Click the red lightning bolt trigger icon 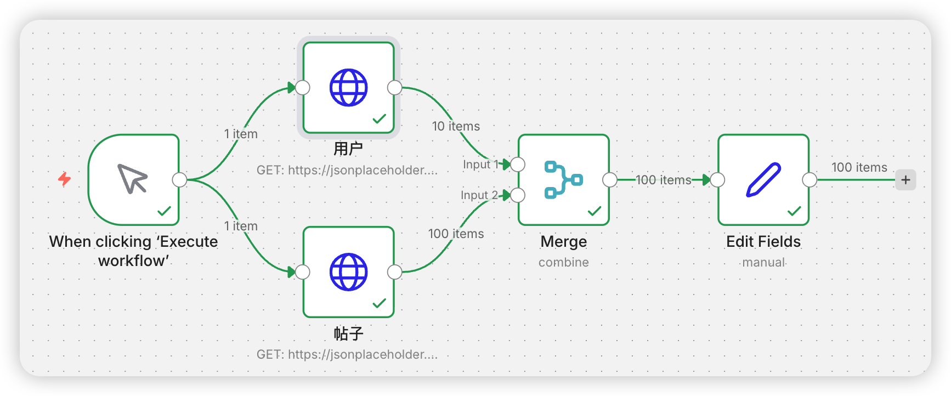[x=65, y=179]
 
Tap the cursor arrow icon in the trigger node [x=133, y=179]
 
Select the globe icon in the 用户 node [x=348, y=88]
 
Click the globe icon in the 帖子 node [x=348, y=272]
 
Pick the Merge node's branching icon [x=563, y=179]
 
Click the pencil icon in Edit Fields [x=763, y=179]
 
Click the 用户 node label [x=348, y=149]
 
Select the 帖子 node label [x=348, y=333]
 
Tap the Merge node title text [x=563, y=242]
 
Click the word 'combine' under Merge [x=563, y=262]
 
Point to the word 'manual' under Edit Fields [x=763, y=262]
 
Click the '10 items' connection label [x=456, y=126]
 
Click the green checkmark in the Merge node [x=595, y=211]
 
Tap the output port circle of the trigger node [x=179, y=180]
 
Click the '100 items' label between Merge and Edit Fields [x=663, y=180]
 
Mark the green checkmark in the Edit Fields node [x=794, y=211]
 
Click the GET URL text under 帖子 [x=347, y=354]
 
